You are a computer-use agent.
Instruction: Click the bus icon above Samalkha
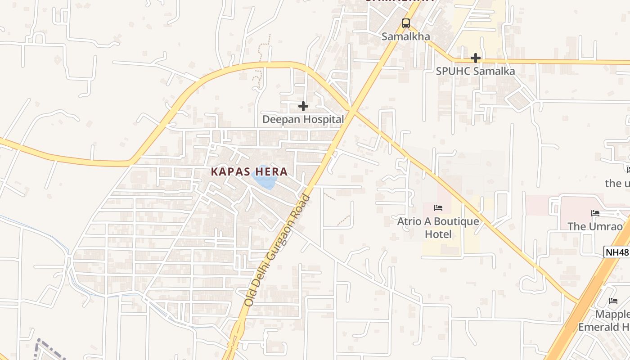pos(406,23)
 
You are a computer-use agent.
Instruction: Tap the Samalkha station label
pos(406,36)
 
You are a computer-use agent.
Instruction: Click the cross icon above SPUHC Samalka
pos(476,58)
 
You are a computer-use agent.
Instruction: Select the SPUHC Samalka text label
pos(475,71)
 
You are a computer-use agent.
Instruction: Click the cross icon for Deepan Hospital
pos(303,106)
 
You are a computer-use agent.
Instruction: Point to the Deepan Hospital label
pos(303,119)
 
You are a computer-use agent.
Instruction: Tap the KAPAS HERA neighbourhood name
pos(249,171)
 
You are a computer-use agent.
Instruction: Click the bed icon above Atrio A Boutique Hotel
pos(438,208)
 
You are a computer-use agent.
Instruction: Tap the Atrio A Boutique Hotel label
pos(438,228)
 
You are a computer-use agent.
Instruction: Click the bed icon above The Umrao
pos(595,213)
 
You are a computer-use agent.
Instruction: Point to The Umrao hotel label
pos(595,226)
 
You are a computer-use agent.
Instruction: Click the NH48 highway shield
pos(616,252)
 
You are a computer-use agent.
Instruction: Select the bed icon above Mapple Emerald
pos(613,301)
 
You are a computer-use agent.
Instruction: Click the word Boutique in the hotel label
pos(456,221)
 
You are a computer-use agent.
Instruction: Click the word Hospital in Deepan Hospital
pos(322,119)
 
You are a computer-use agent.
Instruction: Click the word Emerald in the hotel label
pos(598,327)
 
